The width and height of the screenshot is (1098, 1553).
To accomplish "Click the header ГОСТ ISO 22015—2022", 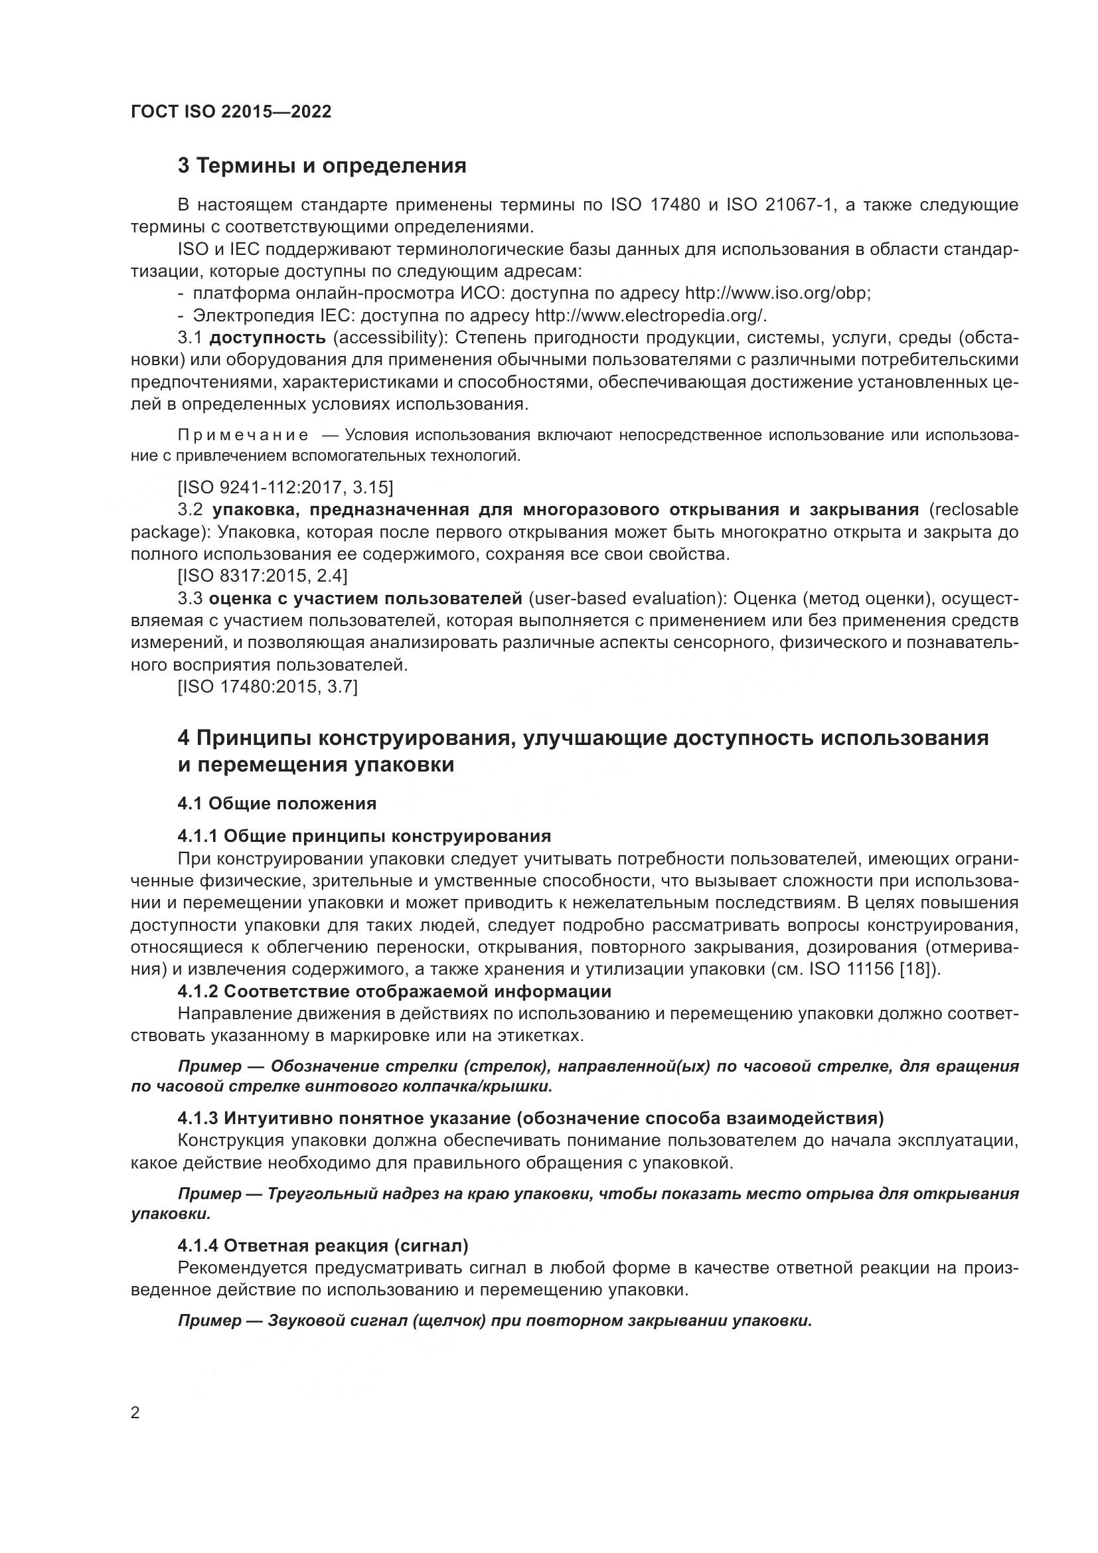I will pos(231,112).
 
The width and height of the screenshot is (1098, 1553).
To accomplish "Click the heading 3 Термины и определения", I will pos(322,166).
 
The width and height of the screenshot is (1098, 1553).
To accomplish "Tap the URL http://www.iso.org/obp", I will pos(777,293).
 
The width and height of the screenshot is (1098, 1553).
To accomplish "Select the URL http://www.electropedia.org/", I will pos(651,316).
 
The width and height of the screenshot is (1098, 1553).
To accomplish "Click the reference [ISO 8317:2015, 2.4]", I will pos(262,576).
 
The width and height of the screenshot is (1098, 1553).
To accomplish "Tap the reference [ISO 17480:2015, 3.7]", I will pos(267,687).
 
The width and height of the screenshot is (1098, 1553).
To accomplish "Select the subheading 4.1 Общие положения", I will pos(277,803).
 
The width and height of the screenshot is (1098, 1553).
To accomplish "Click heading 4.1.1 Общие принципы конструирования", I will pos(364,836).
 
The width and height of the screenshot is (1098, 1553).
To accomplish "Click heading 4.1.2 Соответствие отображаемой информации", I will pos(394,991).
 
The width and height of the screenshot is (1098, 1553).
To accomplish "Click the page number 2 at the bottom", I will pos(135,1413).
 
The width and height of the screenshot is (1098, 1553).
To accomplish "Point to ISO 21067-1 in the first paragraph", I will pos(777,205).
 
